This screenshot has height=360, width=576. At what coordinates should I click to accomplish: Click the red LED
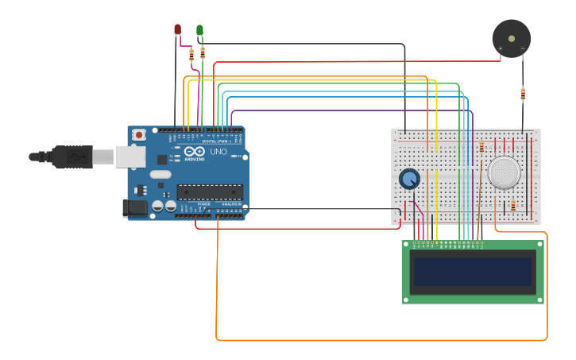click(x=178, y=29)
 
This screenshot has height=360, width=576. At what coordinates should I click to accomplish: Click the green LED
click(x=199, y=30)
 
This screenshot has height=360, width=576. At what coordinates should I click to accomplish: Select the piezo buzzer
click(x=511, y=37)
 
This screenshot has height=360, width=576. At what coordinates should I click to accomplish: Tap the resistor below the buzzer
click(x=523, y=95)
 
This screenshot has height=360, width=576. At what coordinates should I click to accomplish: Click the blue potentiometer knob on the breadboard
click(x=409, y=179)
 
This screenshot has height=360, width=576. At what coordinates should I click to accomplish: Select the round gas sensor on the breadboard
click(x=504, y=172)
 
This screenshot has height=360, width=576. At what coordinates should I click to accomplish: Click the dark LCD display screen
click(x=472, y=272)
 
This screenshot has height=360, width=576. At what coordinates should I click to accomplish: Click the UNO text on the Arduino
click(x=218, y=152)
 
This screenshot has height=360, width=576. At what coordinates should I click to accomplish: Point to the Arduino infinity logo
click(x=193, y=151)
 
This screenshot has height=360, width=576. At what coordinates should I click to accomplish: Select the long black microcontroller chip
click(x=210, y=192)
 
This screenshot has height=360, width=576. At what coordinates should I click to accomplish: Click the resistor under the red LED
click(x=191, y=54)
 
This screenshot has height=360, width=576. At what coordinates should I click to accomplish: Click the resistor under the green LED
click(x=203, y=53)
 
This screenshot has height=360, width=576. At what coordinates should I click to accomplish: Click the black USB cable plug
click(x=72, y=157)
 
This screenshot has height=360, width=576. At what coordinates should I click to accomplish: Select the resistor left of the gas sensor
click(x=481, y=148)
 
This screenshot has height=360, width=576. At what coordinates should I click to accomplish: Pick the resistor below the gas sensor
click(x=512, y=207)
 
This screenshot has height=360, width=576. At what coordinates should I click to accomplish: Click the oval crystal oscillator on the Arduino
click(x=160, y=174)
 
